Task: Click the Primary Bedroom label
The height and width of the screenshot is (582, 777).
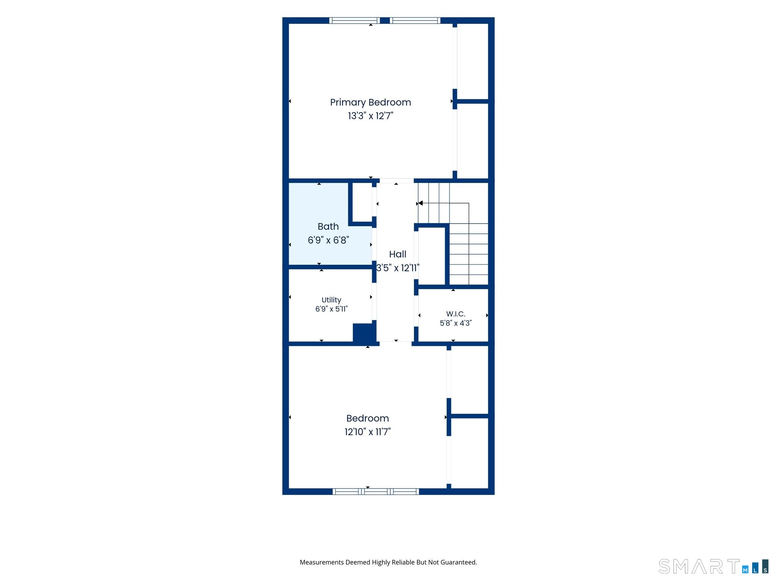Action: pos(370,103)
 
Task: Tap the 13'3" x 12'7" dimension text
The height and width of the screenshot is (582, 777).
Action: pos(371,116)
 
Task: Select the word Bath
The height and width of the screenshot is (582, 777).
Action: pos(328,226)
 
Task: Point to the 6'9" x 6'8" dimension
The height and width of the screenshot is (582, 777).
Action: pos(328,240)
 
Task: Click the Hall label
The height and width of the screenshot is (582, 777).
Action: pos(398,254)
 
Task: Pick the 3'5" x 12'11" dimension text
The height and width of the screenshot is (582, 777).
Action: pos(398,268)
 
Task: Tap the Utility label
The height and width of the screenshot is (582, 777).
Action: pos(331,300)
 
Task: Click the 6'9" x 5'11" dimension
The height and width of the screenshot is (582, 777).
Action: pos(331,309)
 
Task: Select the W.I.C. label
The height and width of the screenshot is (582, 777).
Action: pos(456,314)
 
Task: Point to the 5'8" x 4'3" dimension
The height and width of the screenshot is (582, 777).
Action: pos(456,323)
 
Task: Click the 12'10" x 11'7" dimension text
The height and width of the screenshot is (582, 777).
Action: pos(368,432)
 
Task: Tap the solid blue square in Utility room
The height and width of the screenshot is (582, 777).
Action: pos(364,333)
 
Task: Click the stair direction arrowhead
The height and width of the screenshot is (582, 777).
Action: pos(420,203)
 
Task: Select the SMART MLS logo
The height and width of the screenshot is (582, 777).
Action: pos(714,566)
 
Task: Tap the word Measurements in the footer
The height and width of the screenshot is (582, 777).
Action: pos(322,562)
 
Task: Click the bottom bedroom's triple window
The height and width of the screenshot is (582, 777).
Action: pos(376,491)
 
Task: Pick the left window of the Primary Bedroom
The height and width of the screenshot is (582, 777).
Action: pos(354,20)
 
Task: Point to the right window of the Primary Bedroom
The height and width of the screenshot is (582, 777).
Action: pos(415,20)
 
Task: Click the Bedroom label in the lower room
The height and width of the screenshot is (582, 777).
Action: pos(368,418)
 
